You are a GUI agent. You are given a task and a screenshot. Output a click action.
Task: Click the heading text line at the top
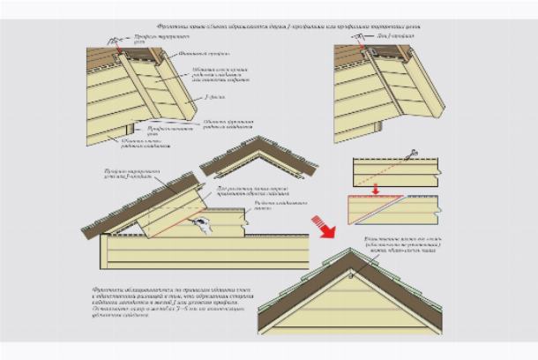coord(269,26)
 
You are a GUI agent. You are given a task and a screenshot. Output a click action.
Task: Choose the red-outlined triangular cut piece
coord(392,208)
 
